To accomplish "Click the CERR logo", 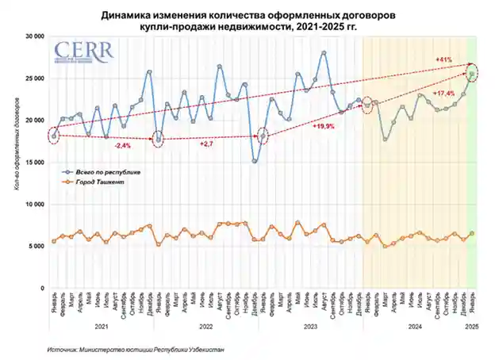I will (x=83, y=51).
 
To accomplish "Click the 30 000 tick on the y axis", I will (x=33, y=36).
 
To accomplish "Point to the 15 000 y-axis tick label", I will (x=33, y=162).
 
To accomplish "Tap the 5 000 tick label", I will (x=36, y=246).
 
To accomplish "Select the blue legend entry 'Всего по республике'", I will (x=102, y=170).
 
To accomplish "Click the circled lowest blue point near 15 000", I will (x=255, y=161).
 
